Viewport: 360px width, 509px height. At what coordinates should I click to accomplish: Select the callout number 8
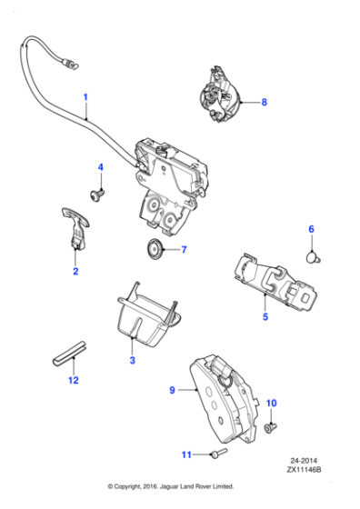(265, 103)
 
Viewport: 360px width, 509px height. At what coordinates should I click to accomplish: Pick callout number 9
(171, 391)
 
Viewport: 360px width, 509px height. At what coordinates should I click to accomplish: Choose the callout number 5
(265, 318)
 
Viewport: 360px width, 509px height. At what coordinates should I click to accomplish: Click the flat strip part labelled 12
(65, 352)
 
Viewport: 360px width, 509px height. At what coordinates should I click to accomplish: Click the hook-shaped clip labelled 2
(78, 226)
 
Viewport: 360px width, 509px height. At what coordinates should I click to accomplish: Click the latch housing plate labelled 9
(224, 397)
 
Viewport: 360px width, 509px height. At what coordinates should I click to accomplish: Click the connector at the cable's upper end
(68, 63)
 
